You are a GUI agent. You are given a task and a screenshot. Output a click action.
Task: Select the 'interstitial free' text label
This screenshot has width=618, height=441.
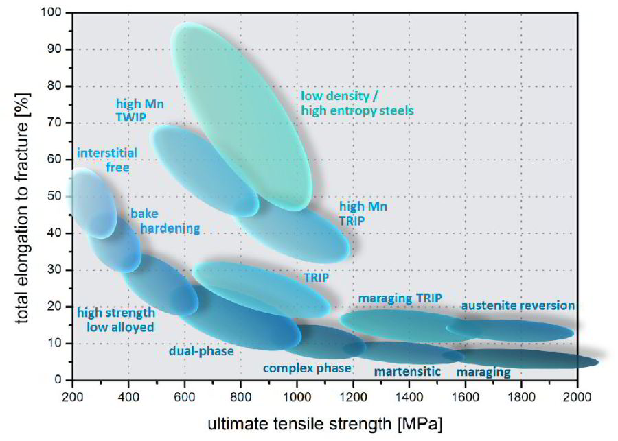[x=107, y=159]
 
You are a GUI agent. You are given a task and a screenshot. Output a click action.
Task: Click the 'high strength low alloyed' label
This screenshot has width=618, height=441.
[x=115, y=320]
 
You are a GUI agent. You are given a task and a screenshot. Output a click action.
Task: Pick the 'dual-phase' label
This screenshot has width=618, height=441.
[x=201, y=351]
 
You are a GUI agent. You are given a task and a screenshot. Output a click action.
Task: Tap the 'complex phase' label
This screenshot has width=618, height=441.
[x=307, y=368]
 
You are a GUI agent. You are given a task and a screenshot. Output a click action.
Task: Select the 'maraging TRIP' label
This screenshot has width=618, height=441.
[x=400, y=298]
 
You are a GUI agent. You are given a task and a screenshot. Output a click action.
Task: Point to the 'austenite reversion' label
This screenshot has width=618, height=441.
[x=517, y=305]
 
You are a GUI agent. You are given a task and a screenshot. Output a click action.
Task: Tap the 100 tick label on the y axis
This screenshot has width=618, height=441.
[x=54, y=13]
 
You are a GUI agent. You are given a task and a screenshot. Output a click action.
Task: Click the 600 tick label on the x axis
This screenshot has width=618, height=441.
[x=185, y=395]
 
